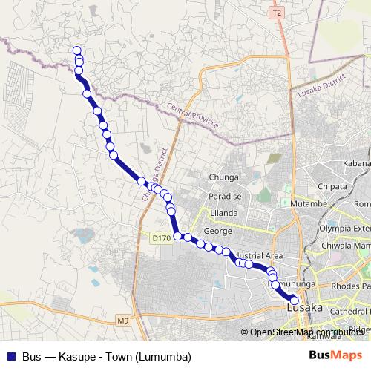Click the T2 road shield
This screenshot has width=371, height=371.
[x=277, y=13]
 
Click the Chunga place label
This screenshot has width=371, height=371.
[x=223, y=177]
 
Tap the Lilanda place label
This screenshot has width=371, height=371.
[x=223, y=213]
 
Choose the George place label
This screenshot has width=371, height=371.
[x=218, y=231]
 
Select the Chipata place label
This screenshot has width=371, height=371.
[x=344, y=186]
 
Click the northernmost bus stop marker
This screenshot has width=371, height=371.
[x=76, y=50]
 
